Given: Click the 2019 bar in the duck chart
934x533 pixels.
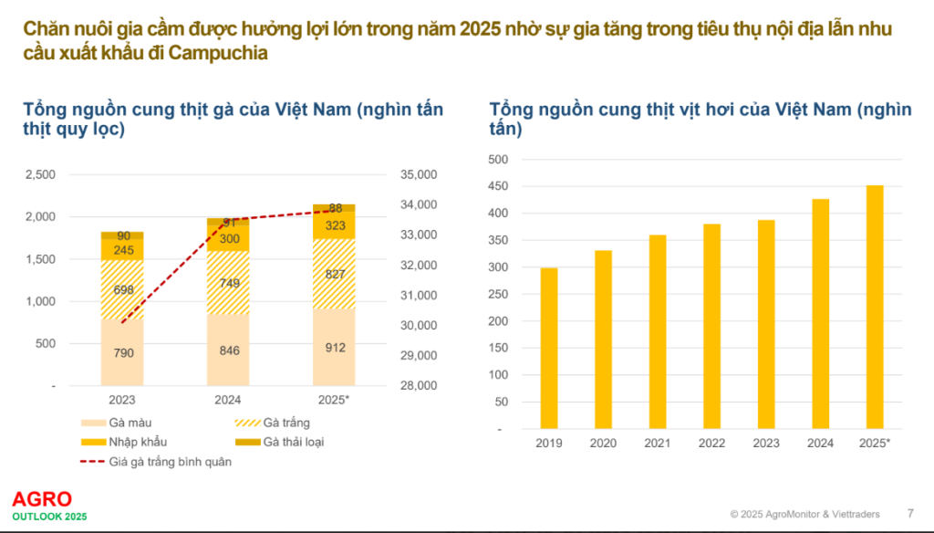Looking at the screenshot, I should coord(549,348).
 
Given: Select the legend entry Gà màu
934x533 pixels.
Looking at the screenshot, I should coord(127,423).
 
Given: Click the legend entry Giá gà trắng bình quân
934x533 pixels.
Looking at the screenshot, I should coord(170,462).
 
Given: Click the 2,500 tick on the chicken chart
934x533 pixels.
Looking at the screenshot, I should coord(40,174).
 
